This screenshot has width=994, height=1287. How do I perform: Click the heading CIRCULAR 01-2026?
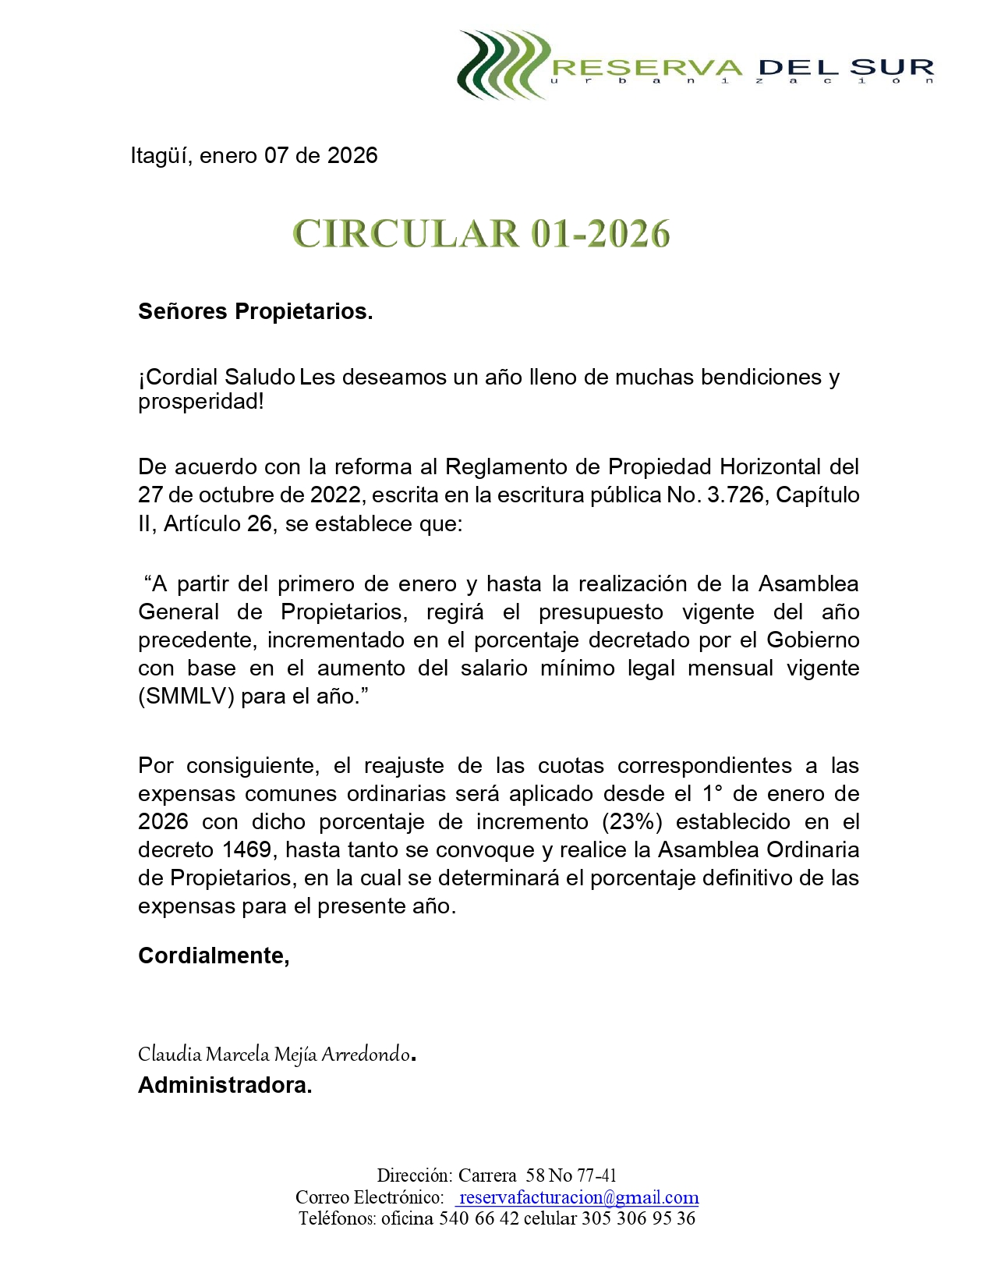[481, 234]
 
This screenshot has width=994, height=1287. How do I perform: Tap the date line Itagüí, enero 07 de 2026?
[254, 156]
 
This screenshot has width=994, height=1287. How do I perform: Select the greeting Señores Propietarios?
[255, 311]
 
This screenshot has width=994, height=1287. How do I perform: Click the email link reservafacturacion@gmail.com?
[578, 1197]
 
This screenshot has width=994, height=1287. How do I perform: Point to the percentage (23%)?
[631, 821]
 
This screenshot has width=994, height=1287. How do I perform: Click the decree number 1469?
[246, 849]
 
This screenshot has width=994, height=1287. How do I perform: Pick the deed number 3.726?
[735, 495]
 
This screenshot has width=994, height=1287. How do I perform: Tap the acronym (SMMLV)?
[186, 696]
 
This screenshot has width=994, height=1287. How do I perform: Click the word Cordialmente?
[214, 955]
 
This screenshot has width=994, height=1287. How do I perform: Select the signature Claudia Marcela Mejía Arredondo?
[274, 1055]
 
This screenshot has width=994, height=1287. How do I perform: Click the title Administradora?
[225, 1085]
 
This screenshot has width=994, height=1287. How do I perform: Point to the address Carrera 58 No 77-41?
[537, 1175]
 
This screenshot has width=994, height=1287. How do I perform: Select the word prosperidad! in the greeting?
[200, 402]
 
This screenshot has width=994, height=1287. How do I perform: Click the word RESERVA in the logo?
[647, 68]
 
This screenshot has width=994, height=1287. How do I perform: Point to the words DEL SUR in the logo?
[846, 68]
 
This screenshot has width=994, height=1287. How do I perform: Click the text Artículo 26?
[218, 523]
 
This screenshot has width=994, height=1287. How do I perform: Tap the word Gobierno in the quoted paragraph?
[812, 640]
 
